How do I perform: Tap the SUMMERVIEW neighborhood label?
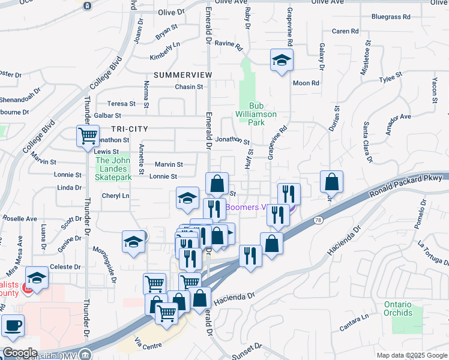click(x=183, y=75)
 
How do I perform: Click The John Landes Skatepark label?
click(x=114, y=169)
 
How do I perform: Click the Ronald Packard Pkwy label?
click(x=406, y=185)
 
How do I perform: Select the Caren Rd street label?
click(x=345, y=31)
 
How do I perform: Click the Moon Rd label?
click(x=306, y=83)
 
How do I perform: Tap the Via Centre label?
click(x=148, y=345)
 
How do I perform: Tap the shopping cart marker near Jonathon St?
click(x=88, y=136)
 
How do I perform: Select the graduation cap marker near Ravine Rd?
click(x=281, y=60)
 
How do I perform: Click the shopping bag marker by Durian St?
click(x=331, y=182)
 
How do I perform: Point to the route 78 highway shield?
click(x=317, y=221)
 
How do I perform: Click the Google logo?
click(x=19, y=353)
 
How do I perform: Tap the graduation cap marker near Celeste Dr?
click(x=37, y=278)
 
